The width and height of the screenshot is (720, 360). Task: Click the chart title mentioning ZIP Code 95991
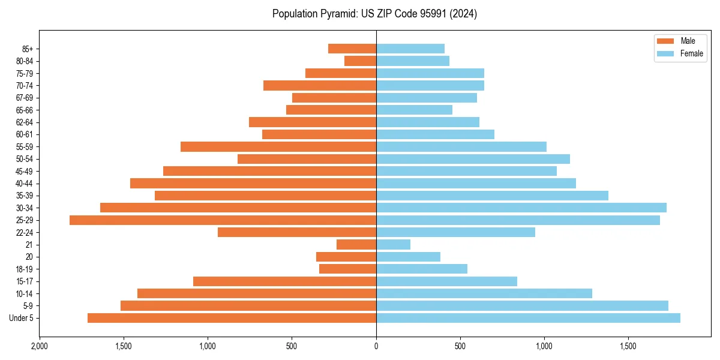[374, 14]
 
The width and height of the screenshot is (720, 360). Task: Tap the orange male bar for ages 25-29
[223, 220]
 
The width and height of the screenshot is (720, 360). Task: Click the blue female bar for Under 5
[528, 318]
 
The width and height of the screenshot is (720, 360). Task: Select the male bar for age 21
[356, 245]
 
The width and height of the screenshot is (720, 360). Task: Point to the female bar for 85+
[410, 49]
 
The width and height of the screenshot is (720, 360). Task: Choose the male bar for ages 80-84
[360, 61]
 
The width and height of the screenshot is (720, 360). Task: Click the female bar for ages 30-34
[521, 208]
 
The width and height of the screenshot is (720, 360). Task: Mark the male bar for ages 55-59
[278, 146]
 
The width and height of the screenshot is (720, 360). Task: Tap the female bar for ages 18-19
[422, 269]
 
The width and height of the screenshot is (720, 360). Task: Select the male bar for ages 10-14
[257, 293]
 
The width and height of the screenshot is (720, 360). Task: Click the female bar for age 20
[408, 257]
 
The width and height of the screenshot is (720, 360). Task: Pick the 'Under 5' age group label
[21, 318]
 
